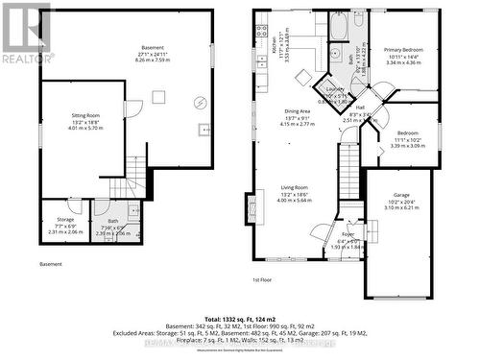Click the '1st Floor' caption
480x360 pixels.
coord(264,279)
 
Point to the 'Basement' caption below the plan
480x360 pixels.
coord(51,264)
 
